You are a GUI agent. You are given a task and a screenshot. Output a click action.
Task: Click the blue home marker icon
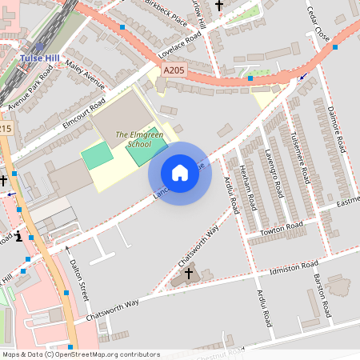180,173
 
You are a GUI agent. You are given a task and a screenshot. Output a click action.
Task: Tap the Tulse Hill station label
38,58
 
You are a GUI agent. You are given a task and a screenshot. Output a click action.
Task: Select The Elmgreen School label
133,139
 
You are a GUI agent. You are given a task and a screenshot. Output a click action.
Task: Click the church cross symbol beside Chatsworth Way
189,274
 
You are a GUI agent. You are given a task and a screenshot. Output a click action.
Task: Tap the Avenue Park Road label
30,88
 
